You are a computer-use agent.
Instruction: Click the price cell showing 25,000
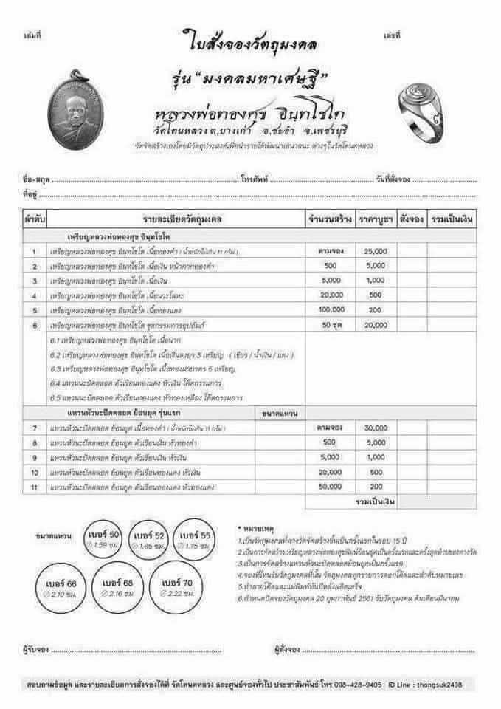(375, 252)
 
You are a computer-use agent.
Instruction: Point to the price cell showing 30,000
(375, 428)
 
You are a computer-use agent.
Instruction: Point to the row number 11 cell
(35, 487)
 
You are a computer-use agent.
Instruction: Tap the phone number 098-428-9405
(359, 685)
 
